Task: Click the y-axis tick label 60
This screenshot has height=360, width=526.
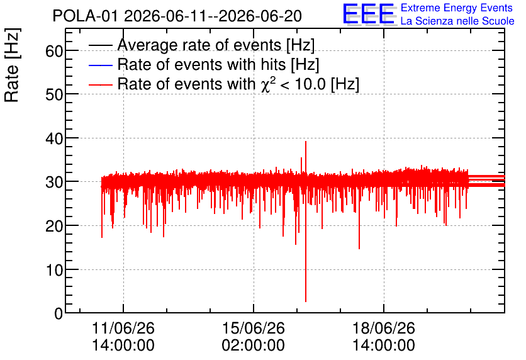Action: click(53, 52)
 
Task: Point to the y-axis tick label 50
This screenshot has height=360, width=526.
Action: click(53, 95)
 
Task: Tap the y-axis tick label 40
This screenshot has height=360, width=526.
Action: click(53, 138)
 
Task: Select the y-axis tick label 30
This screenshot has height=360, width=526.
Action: click(53, 183)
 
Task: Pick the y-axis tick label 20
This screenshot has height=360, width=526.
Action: click(53, 227)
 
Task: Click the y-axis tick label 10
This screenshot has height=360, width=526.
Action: click(53, 270)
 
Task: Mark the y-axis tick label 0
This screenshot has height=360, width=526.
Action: click(59, 313)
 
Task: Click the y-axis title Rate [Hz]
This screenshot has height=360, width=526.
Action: click(12, 65)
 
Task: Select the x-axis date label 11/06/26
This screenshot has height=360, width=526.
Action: click(123, 328)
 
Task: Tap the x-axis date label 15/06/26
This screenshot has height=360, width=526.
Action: click(254, 328)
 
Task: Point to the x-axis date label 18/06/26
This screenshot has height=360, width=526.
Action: click(383, 328)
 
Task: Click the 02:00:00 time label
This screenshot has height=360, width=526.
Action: click(254, 346)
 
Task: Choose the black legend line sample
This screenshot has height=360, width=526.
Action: click(100, 45)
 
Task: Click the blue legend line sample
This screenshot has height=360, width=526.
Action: click(100, 65)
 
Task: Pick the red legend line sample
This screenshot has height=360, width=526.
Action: click(100, 84)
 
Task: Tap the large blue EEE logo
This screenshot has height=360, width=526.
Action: click(369, 14)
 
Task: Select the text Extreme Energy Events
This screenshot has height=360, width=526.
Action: click(457, 8)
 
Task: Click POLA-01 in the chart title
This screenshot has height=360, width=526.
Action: click(86, 16)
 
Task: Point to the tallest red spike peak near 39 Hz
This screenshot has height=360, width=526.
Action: click(306, 142)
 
